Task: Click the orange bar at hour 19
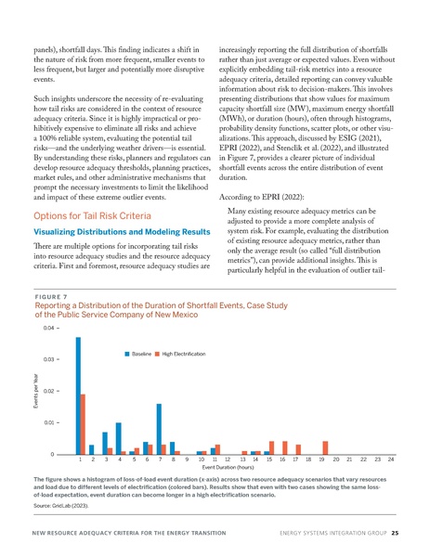(325, 447)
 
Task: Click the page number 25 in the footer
(395, 534)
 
